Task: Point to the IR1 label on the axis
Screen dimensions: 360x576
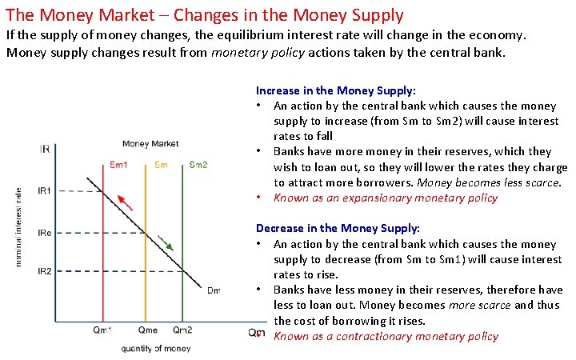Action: (x=45, y=190)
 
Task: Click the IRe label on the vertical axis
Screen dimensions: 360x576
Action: (x=45, y=233)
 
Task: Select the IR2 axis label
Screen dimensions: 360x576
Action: (x=45, y=271)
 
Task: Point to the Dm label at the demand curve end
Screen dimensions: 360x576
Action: (x=214, y=290)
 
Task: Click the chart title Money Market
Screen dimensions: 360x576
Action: (x=150, y=144)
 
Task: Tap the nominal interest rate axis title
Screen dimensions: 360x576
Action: (x=19, y=227)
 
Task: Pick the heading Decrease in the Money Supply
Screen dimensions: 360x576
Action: (x=338, y=229)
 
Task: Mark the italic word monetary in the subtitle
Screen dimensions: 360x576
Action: (x=242, y=53)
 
